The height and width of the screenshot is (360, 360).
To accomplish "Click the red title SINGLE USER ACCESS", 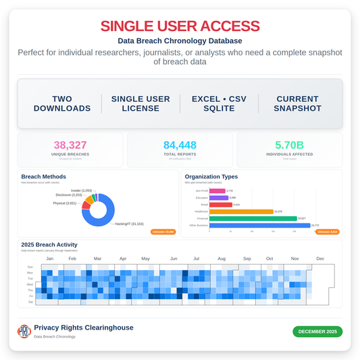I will tap(180, 26).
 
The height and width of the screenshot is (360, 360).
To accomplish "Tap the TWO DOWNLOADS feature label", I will tap(62, 103).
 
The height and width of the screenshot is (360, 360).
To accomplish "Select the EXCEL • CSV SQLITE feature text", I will tap(219, 103).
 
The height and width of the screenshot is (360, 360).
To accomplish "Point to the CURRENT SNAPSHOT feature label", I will tap(297, 103).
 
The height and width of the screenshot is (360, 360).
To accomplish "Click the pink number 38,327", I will tap(70, 145).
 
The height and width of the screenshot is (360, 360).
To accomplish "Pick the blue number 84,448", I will tap(180, 145).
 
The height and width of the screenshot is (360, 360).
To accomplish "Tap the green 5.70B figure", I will tap(289, 145).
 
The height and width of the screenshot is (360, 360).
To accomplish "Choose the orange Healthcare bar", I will tap(230, 211).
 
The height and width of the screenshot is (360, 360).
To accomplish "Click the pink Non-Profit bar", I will tap(217, 191).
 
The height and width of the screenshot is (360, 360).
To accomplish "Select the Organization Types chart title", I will tap(211, 177).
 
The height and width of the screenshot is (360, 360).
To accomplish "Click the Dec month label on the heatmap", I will tap(320, 259).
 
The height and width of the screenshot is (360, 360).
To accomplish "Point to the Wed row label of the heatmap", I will tap(30, 284).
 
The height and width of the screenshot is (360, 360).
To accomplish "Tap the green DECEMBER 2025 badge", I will tap(317, 331).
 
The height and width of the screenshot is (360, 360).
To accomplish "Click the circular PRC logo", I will tap(24, 331).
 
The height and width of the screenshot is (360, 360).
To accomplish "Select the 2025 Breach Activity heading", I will tap(49, 245).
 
